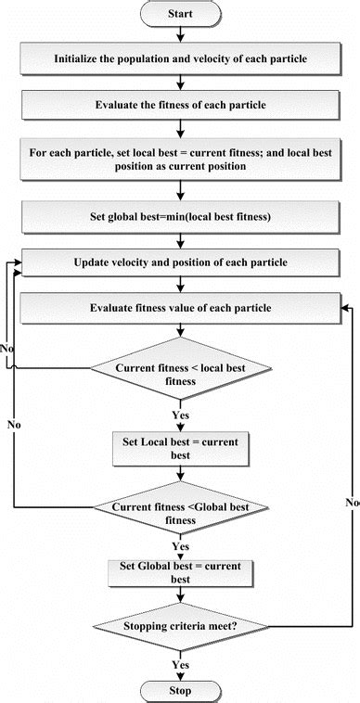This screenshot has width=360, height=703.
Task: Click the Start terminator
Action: (181, 14)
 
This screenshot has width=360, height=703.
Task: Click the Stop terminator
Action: (181, 690)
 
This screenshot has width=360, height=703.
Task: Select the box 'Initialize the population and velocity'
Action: (181, 58)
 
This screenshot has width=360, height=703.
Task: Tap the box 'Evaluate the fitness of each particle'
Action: (181, 104)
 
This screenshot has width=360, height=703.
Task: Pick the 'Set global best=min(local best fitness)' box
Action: (181, 219)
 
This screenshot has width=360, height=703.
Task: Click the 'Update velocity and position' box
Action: (181, 262)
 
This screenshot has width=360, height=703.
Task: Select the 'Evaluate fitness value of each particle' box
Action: (181, 308)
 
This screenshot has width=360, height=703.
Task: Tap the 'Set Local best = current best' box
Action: (181, 449)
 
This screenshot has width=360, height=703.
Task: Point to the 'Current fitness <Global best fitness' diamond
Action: (181, 513)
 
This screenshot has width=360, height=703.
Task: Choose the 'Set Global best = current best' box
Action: (181, 572)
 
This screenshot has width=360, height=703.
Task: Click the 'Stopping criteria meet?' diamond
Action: (181, 627)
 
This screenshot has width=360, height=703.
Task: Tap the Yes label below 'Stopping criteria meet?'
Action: (180, 665)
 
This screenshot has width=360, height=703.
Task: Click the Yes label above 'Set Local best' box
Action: (180, 415)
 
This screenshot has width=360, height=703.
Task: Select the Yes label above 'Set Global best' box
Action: (180, 547)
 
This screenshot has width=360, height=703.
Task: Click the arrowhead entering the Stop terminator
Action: (181, 676)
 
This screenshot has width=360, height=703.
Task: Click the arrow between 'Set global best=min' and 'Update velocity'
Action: (181, 241)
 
